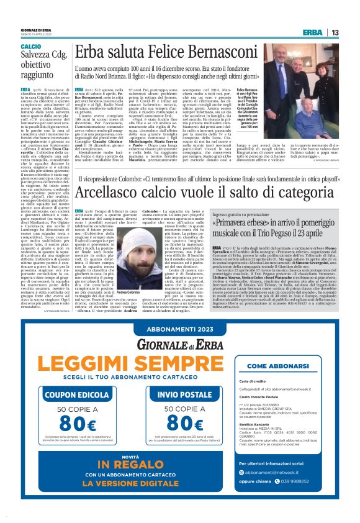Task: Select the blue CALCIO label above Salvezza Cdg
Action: point(31,47)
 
